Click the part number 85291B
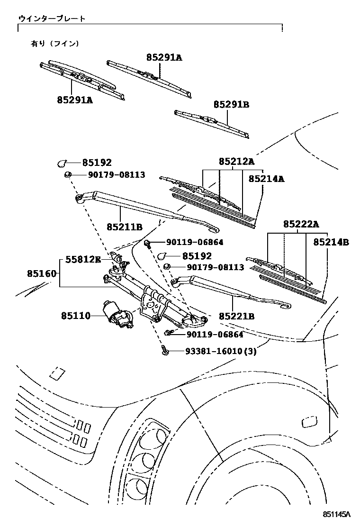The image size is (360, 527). tap(231, 105)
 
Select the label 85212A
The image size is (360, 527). tap(236, 162)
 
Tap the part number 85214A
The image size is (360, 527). tap(266, 179)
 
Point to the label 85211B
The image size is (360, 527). tap(124, 227)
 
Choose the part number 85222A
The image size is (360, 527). tap(301, 224)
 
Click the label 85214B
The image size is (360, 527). tap(331, 242)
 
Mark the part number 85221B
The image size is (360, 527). tap(236, 315)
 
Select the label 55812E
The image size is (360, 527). tap(83, 259)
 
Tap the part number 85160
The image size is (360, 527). tap(42, 273)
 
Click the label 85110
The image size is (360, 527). tap(75, 315)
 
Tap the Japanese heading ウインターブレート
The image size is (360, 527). tap(52, 18)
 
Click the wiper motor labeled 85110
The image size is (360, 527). tap(117, 315)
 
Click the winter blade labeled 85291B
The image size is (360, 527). tap(211, 124)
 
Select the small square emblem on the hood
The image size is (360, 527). tap(58, 373)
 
